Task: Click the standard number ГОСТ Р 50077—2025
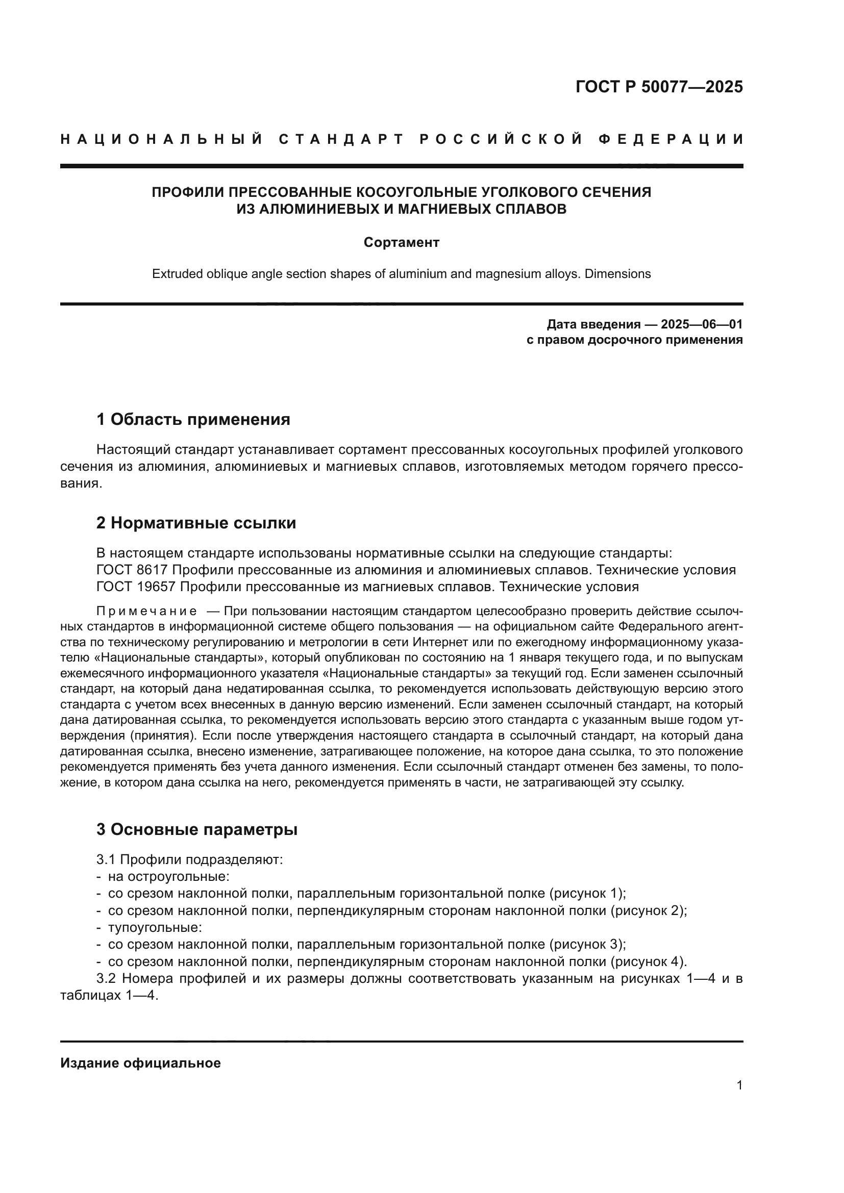[x=659, y=87]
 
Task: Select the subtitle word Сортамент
[x=401, y=243]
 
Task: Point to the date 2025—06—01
[x=702, y=325]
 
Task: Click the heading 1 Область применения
[x=193, y=419]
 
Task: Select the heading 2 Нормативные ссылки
[x=196, y=523]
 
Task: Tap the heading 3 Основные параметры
[x=197, y=829]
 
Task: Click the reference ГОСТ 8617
[x=132, y=570]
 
